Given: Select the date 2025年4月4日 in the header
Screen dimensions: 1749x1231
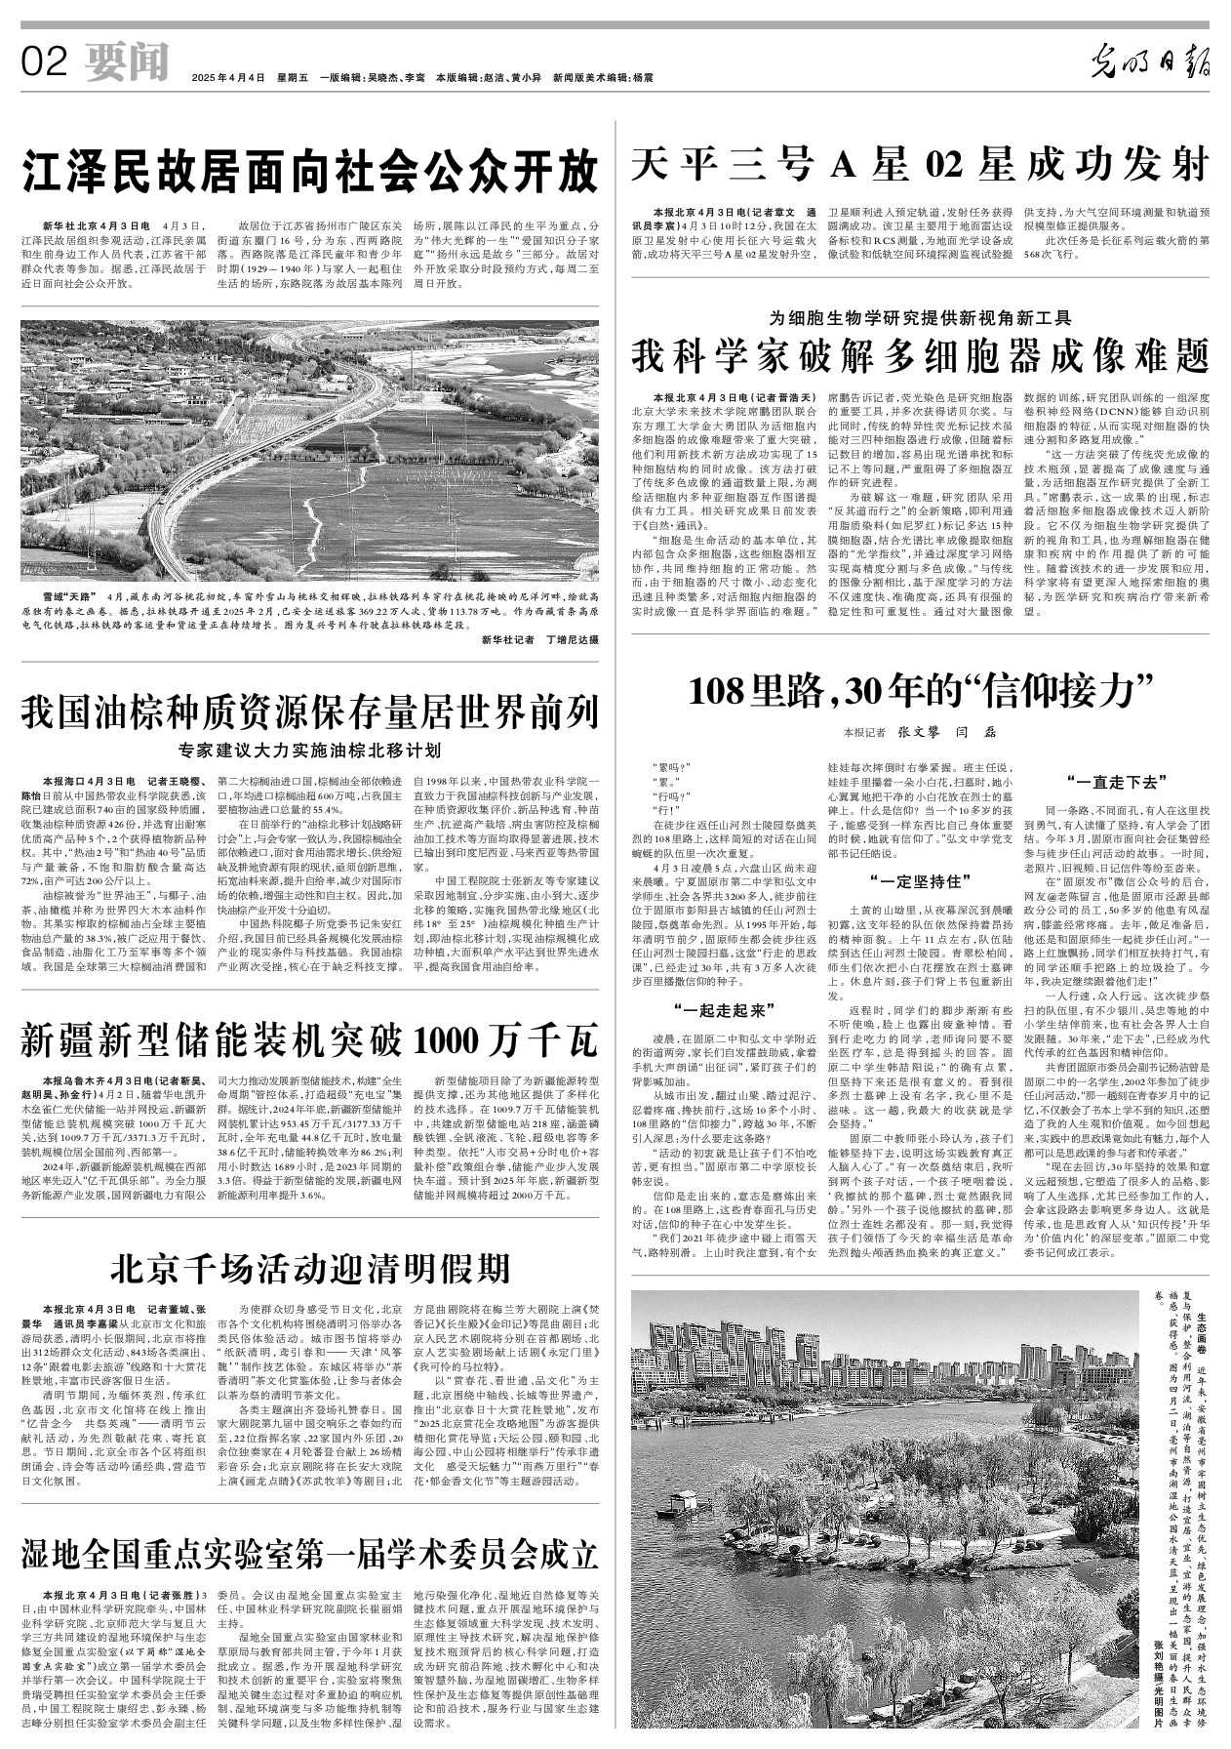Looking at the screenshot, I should tap(228, 77).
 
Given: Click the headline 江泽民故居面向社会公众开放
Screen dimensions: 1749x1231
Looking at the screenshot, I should tap(309, 173).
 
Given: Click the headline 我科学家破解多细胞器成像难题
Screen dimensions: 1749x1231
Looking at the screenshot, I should tap(920, 354).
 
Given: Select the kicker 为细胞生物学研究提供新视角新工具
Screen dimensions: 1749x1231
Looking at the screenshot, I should tap(920, 317).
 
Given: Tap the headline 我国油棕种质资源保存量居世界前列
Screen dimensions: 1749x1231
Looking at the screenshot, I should tap(309, 712).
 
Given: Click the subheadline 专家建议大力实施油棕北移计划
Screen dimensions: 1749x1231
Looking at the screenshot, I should tap(309, 751).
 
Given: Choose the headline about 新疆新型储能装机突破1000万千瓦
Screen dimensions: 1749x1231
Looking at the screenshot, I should tap(309, 1041).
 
